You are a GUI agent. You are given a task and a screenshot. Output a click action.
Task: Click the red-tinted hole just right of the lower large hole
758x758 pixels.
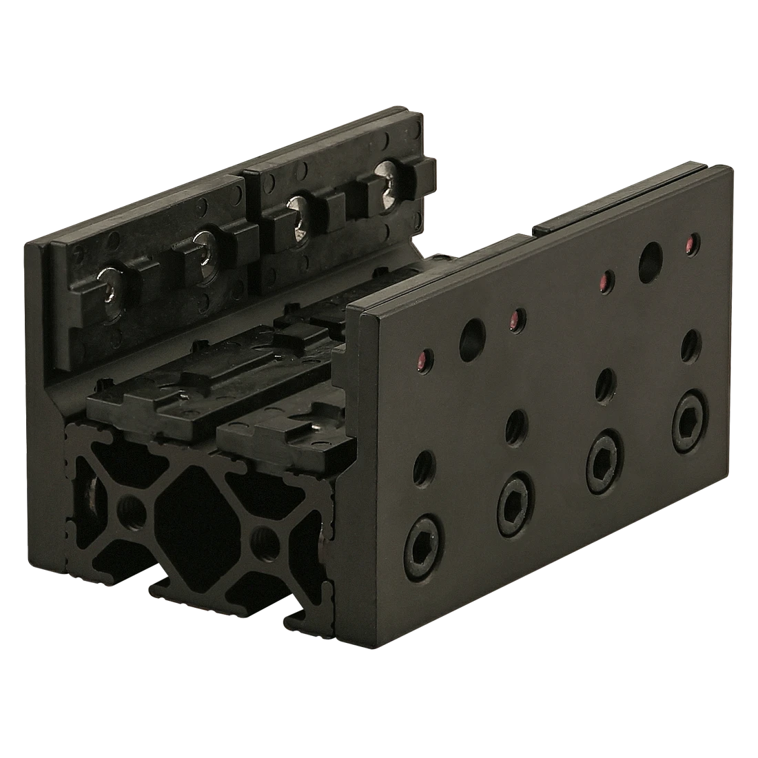click(x=515, y=318)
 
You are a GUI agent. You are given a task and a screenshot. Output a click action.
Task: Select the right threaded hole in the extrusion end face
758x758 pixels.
click(x=261, y=537)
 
